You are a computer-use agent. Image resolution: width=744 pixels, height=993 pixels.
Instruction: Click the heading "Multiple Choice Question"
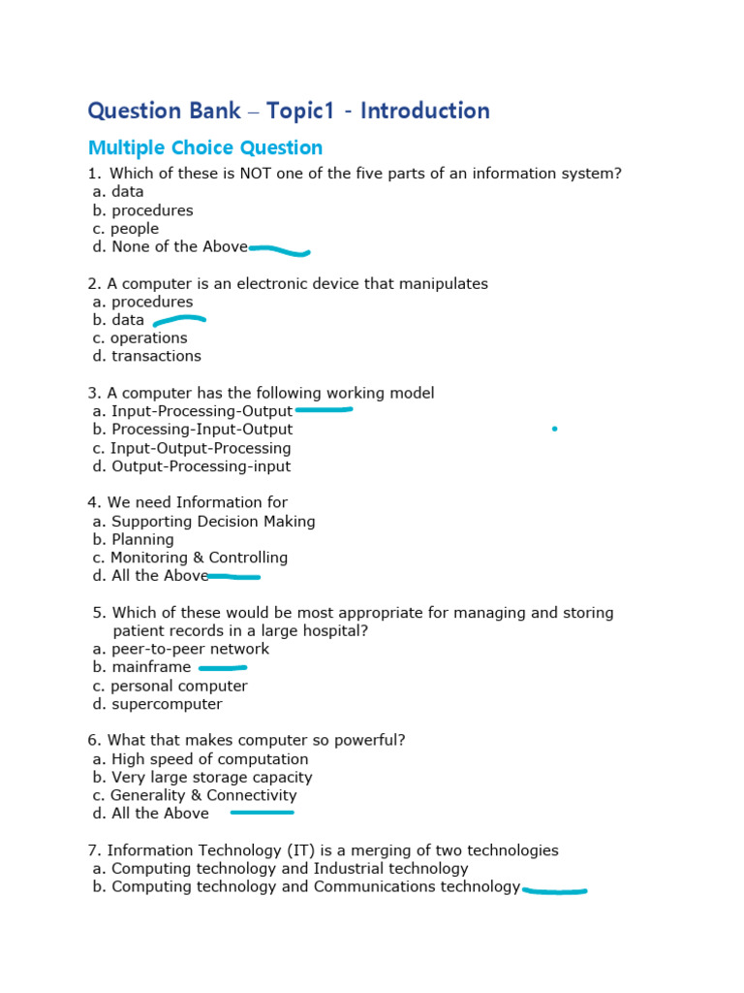point(205,148)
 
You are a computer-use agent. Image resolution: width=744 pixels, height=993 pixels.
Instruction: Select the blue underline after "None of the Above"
point(280,251)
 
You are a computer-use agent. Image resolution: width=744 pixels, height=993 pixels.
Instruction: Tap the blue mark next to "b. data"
point(179,319)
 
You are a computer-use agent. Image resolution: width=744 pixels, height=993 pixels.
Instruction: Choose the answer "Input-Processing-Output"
point(201,411)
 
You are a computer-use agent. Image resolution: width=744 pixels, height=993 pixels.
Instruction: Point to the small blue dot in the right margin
point(554,428)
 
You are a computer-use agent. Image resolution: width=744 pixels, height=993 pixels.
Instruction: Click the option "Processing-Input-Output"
point(201,430)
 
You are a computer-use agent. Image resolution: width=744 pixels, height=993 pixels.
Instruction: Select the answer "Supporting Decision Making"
point(213,522)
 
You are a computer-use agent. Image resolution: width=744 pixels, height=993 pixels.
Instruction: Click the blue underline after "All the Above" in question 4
point(234,577)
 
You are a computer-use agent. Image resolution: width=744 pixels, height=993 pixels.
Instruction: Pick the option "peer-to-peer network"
point(190,649)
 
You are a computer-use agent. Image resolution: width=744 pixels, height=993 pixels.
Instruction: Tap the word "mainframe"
point(151,667)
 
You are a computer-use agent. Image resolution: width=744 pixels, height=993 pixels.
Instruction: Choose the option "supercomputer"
point(167,704)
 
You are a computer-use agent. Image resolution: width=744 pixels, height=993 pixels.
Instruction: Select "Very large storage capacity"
point(211,777)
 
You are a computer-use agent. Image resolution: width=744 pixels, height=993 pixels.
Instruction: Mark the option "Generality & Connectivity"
point(203,795)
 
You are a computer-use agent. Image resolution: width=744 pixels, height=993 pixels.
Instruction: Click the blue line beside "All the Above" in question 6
point(262,813)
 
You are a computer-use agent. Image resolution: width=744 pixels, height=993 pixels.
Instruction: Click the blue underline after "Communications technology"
point(554,890)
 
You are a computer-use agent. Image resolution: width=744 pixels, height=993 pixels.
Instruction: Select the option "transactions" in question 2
point(156,356)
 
